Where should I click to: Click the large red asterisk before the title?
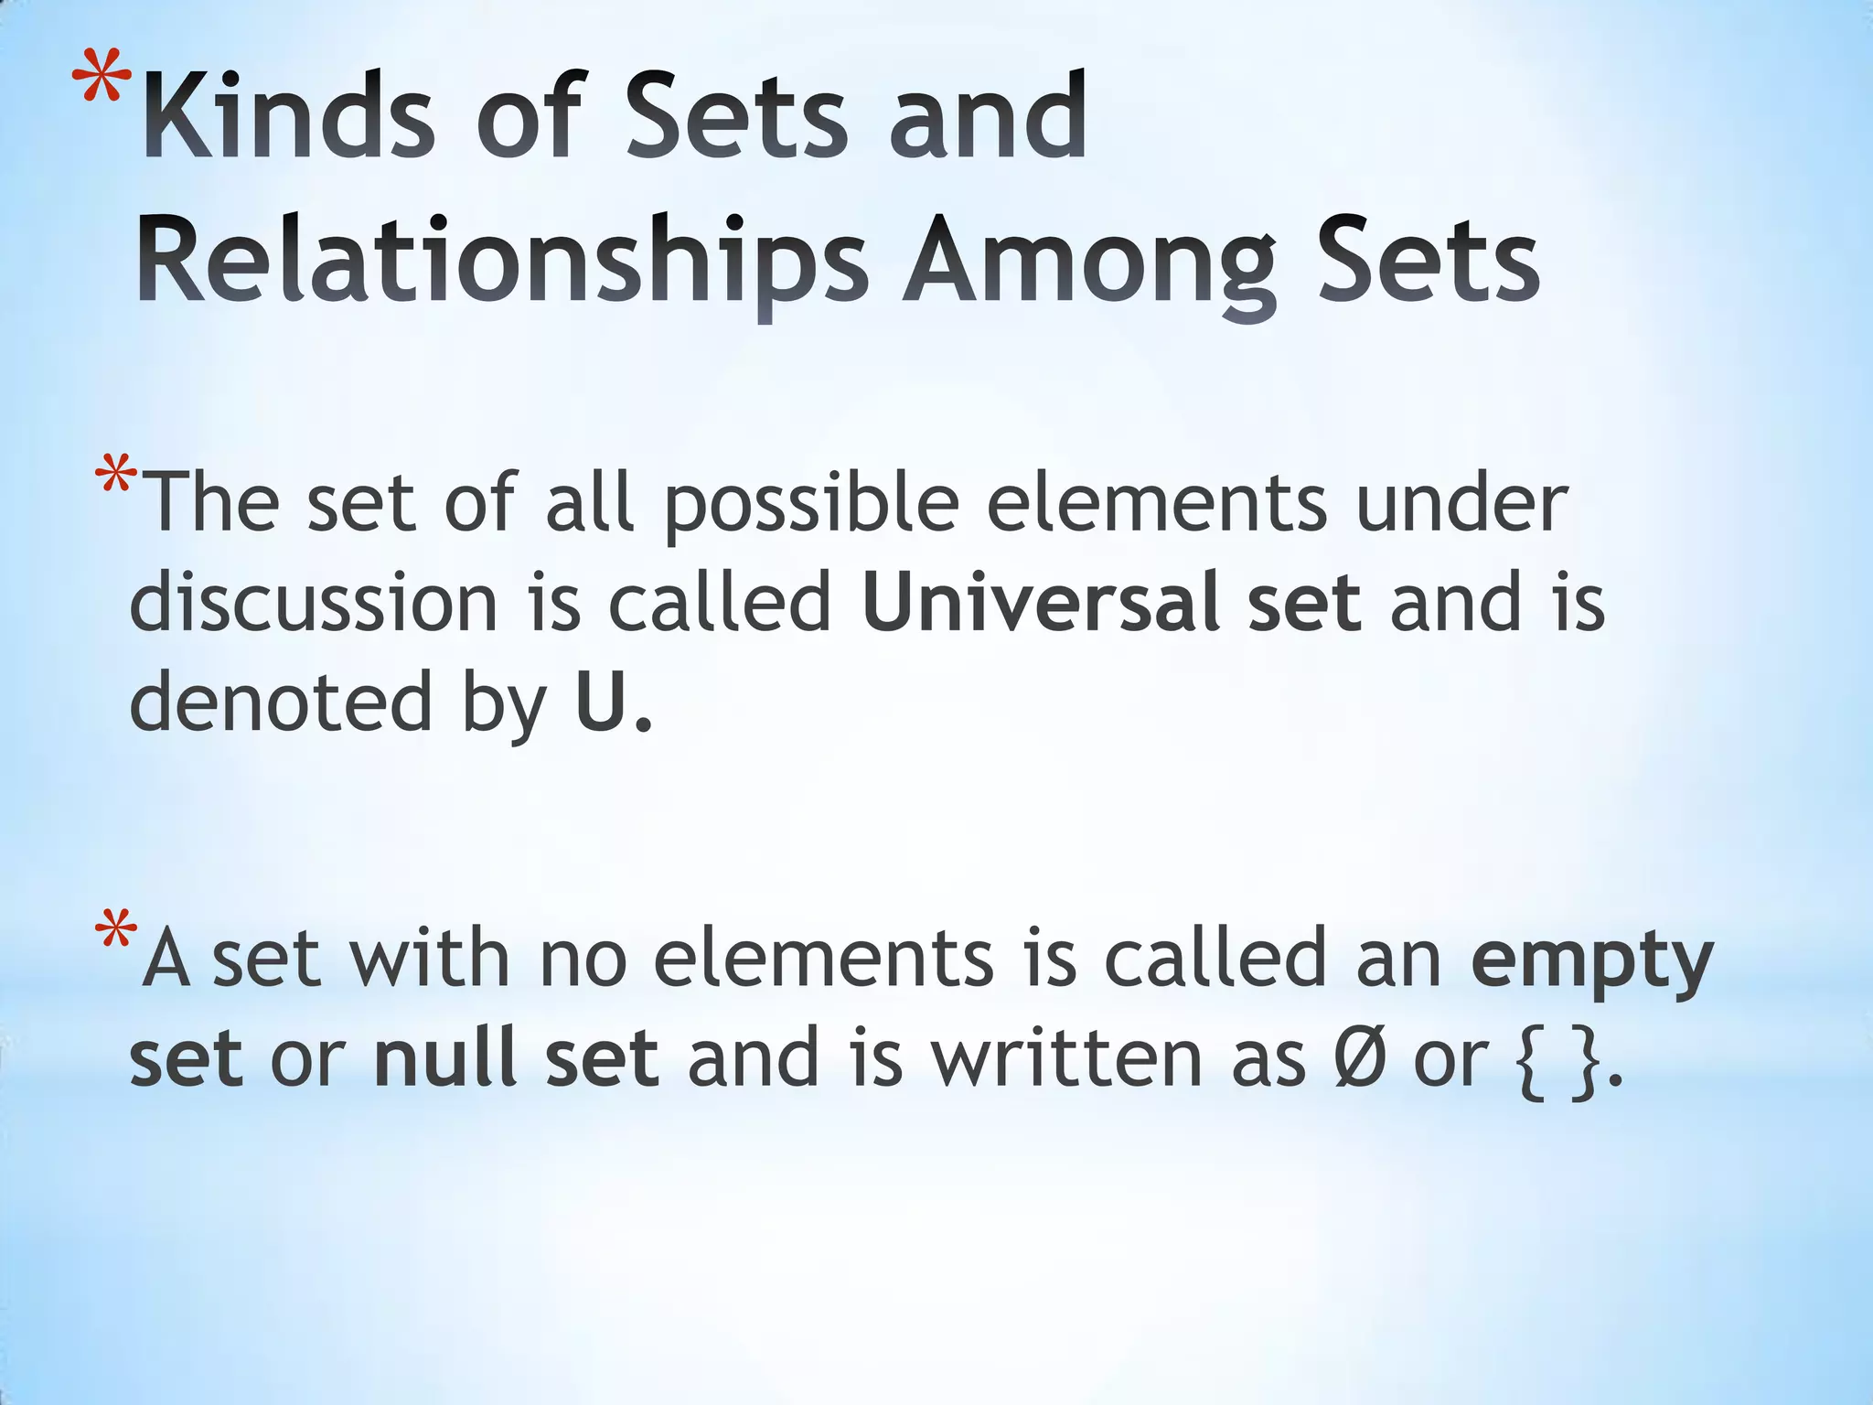click(102, 87)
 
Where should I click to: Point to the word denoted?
click(280, 702)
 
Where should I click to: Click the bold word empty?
click(1591, 960)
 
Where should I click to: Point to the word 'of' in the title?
click(529, 116)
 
